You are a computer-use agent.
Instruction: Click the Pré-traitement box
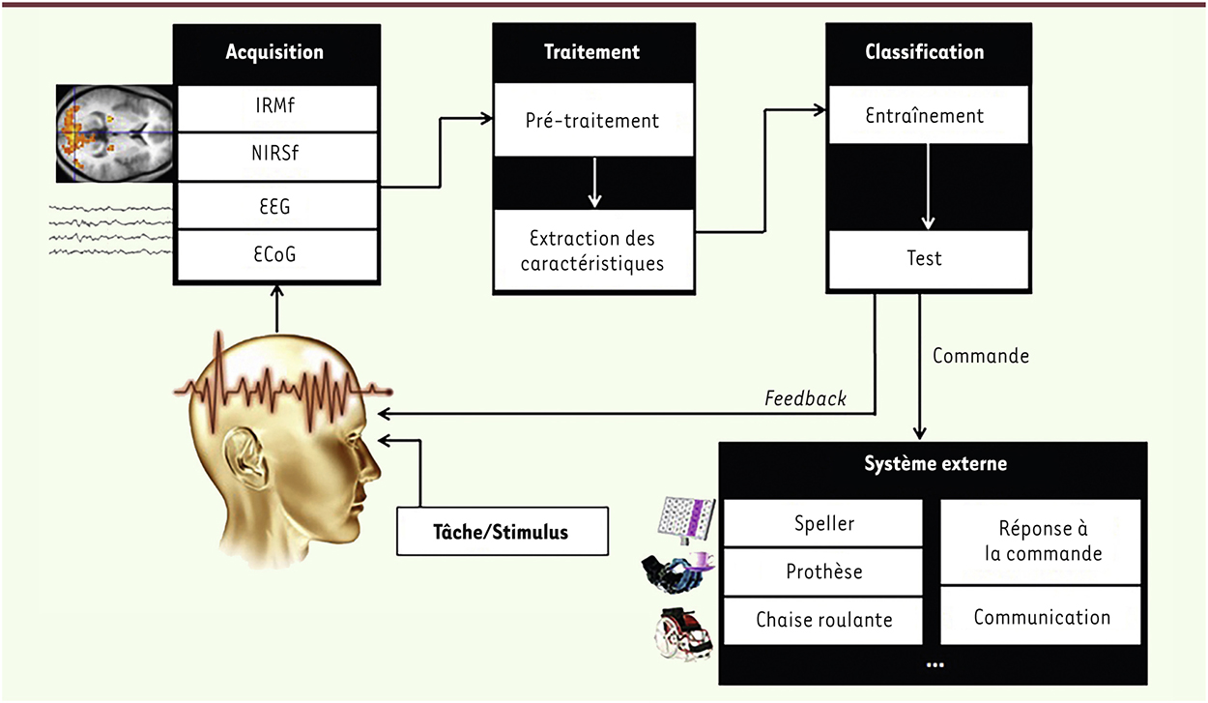(x=593, y=120)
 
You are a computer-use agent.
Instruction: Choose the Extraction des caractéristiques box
(x=593, y=250)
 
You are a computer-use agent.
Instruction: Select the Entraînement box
(x=926, y=116)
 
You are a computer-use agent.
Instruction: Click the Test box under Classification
(x=926, y=258)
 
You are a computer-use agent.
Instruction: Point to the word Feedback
(x=805, y=398)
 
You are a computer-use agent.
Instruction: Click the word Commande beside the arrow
(x=980, y=356)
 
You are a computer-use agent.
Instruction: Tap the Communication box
(x=1041, y=616)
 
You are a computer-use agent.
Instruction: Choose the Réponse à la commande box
(x=1041, y=542)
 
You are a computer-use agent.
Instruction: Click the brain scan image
(x=115, y=133)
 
